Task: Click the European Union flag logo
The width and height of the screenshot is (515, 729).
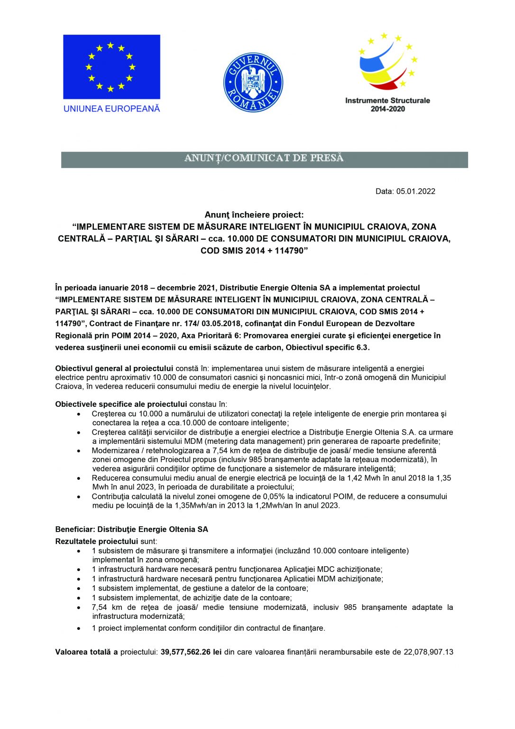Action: coord(111,66)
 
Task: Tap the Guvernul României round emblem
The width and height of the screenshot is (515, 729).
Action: coord(253,82)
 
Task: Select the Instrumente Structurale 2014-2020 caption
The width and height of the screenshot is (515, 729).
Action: coord(387,104)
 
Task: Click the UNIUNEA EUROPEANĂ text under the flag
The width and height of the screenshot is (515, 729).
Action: coord(111,109)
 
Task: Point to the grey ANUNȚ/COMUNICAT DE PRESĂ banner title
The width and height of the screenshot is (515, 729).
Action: coord(264,158)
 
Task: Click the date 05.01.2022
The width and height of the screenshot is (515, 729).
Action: coord(416,191)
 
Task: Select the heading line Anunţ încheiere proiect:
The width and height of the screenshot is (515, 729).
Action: coord(254,215)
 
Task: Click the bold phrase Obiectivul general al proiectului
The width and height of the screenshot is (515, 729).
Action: coord(114,368)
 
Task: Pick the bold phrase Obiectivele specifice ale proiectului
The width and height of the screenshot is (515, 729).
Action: coord(121,404)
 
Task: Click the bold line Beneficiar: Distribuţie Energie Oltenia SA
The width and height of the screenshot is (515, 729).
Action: coord(131,529)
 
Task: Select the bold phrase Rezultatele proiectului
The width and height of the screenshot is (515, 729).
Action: coord(97,542)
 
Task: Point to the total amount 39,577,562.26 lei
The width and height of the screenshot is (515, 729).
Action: coord(191,652)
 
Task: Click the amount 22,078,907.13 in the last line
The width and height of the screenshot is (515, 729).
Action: coord(428,652)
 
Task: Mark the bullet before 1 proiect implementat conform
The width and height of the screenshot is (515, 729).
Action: coord(79,628)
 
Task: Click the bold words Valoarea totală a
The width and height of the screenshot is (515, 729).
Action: coord(86,652)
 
